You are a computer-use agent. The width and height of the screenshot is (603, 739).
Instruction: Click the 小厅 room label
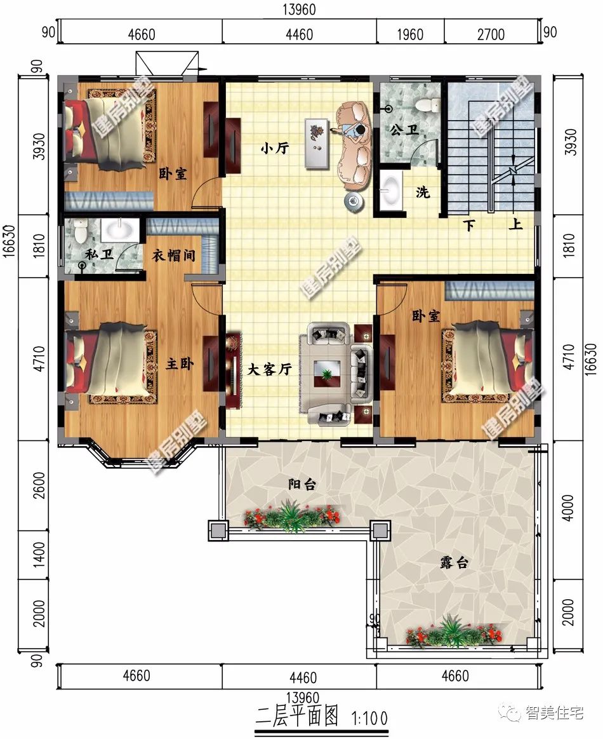(x=275, y=149)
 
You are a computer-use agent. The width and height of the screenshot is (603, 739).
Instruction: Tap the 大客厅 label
(x=270, y=369)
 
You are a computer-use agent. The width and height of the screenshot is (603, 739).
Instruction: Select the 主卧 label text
(x=180, y=364)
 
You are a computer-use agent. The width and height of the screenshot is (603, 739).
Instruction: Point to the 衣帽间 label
(x=173, y=256)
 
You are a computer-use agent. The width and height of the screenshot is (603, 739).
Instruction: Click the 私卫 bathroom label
(x=99, y=255)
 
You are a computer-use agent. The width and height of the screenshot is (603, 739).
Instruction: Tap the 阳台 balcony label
(x=302, y=484)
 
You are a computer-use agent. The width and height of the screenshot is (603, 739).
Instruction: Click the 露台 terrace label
(x=454, y=562)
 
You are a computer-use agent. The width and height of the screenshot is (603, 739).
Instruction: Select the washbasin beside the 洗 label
(x=391, y=189)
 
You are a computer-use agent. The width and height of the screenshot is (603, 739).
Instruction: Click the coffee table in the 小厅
(x=317, y=143)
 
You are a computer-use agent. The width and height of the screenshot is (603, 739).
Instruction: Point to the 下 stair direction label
(x=469, y=226)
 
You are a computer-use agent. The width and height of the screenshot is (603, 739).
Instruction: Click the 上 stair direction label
(x=515, y=224)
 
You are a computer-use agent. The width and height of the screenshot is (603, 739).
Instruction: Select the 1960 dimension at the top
(x=410, y=34)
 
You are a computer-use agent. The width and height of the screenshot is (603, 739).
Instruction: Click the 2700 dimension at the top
(x=491, y=34)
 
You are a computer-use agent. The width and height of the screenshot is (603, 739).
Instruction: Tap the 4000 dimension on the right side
(x=569, y=508)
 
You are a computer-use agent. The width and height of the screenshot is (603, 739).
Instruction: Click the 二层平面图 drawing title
(x=297, y=716)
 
